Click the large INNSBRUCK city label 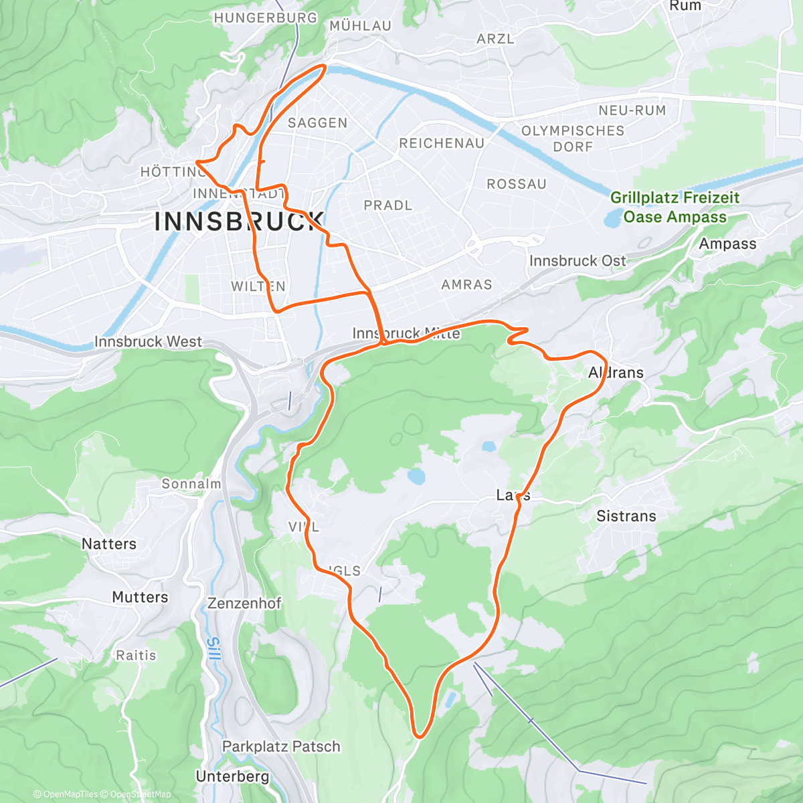(x=239, y=221)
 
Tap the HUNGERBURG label (x=265, y=18)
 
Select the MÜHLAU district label (x=360, y=26)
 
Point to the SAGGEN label (x=317, y=123)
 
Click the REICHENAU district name (x=441, y=144)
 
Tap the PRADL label (x=387, y=205)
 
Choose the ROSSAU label (x=516, y=184)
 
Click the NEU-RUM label (x=632, y=110)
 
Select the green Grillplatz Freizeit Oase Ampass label (x=675, y=207)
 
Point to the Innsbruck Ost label (x=577, y=261)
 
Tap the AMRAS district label (x=466, y=285)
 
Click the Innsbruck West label (x=148, y=342)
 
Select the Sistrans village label (x=626, y=516)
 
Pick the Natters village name (x=108, y=544)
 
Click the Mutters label (x=140, y=597)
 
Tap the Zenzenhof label (x=244, y=604)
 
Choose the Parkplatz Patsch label (x=281, y=747)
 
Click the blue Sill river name (x=213, y=649)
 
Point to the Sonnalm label (x=191, y=484)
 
